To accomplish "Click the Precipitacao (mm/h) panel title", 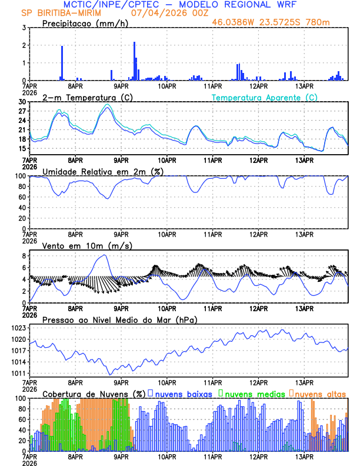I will (82, 23).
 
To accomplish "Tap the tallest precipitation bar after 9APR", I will (134, 61).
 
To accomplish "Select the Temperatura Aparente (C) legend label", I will (264, 97).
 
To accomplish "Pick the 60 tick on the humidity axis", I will (21, 197).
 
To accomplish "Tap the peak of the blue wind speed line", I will (105, 255).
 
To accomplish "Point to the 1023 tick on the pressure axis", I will (18, 328).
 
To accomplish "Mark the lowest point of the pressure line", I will (109, 374).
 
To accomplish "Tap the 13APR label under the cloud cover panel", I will (304, 456).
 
